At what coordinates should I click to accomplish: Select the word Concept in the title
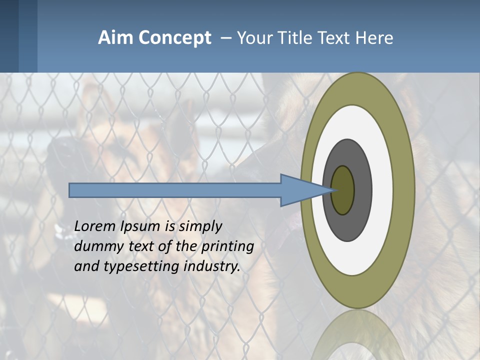click(x=174, y=38)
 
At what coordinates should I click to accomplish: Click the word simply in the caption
click(x=200, y=227)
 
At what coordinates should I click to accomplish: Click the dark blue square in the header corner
click(x=9, y=36)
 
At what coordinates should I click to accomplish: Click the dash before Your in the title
click(x=226, y=38)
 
